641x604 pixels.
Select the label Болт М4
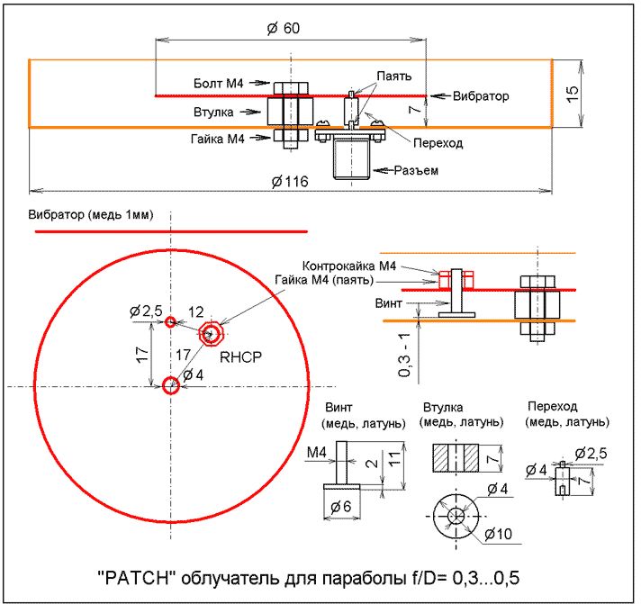(219, 83)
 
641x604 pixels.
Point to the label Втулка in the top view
(213, 113)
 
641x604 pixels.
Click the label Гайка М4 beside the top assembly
(217, 139)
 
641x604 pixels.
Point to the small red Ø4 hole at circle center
(170, 387)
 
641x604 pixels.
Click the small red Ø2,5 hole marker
(170, 321)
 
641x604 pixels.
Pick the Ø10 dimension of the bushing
(497, 534)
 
